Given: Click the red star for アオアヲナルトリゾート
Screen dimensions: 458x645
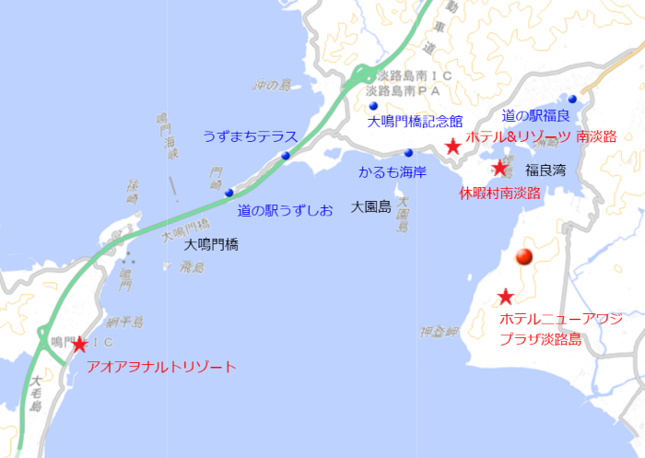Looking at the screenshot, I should click(79, 345).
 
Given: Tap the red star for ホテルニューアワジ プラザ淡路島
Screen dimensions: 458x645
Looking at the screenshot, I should click(505, 297).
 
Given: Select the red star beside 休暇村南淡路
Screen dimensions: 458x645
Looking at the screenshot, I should click(499, 168).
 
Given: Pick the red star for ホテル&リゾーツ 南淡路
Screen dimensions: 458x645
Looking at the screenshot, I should click(452, 146).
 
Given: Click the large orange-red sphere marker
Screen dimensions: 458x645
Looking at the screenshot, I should click(524, 258).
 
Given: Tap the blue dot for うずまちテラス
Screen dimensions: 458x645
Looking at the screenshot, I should click(287, 156).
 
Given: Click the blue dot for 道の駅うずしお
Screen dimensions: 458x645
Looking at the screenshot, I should click(229, 193).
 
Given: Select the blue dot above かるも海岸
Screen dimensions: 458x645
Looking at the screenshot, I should click(407, 153).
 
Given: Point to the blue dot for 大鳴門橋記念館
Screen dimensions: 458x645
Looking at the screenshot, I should click(374, 107).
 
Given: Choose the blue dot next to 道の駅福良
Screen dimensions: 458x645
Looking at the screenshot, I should click(572, 99).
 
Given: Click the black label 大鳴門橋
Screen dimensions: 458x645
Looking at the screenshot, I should click(211, 245).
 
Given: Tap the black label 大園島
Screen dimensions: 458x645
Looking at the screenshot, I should click(371, 208).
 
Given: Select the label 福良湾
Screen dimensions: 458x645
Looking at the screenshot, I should click(545, 170).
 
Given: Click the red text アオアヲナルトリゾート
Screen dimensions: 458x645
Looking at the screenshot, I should click(160, 367).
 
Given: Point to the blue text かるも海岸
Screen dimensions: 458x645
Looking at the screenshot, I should click(391, 172).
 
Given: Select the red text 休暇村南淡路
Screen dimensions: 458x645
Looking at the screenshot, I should click(499, 193).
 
